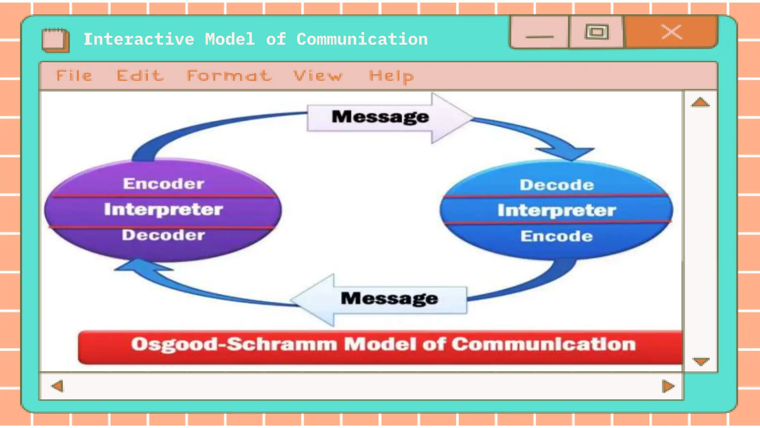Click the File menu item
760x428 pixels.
coord(74,76)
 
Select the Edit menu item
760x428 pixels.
coord(140,76)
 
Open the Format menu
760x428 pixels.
coord(229,76)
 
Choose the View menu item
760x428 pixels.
coord(318,76)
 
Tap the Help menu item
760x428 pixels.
coord(392,76)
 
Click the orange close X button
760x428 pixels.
coord(671,32)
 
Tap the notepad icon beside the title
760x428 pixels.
coord(55,40)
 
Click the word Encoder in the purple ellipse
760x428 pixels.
coord(164,184)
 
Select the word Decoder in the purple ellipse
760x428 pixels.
coord(163,235)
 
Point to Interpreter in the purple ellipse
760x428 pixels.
coord(163,209)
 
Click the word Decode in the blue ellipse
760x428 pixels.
coord(557,185)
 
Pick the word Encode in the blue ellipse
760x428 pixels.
coord(557,236)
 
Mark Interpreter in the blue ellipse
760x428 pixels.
coord(557,210)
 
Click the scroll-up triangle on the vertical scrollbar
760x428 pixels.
coord(700,102)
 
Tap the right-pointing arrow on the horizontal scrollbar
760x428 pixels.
coord(668,386)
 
